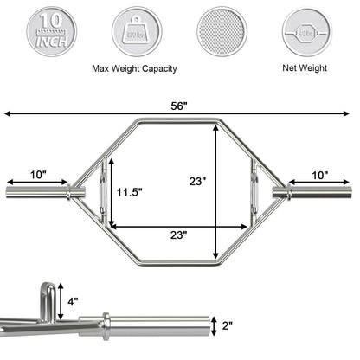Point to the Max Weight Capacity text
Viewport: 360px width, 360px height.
click(137, 69)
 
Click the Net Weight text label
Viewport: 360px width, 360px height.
click(308, 69)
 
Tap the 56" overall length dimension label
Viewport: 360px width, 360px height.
click(179, 106)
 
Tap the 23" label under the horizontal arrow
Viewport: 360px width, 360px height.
click(180, 235)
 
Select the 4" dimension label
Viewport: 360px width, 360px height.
click(74, 302)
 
